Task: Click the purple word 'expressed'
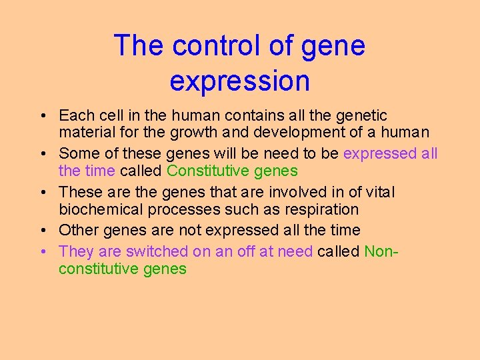click(x=379, y=153)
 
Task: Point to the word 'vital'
click(x=377, y=192)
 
